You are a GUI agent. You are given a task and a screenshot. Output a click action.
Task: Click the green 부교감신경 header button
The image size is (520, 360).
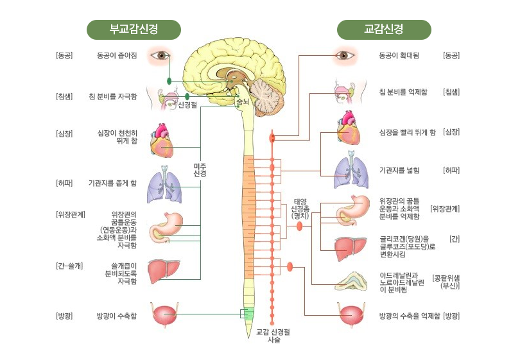click(134, 30)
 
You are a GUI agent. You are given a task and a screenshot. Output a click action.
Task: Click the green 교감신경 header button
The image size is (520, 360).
click(383, 30)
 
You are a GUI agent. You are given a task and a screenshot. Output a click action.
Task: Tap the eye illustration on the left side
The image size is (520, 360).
click(160, 56)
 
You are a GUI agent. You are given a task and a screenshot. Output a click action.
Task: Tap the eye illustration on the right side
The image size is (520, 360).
click(345, 56)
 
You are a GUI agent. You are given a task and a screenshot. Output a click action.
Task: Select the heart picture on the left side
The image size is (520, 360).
click(161, 141)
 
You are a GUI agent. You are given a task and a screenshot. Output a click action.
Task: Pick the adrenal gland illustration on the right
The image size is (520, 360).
click(351, 280)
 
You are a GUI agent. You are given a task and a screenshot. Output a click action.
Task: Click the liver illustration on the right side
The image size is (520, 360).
click(351, 246)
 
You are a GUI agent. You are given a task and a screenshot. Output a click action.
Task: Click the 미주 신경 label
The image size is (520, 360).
click(200, 170)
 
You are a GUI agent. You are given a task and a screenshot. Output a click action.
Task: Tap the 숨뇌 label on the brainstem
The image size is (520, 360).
click(243, 101)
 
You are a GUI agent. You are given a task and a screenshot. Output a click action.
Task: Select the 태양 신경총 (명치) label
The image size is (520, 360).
click(300, 209)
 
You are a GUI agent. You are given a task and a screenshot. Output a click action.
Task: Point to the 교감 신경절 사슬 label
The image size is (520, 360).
click(273, 336)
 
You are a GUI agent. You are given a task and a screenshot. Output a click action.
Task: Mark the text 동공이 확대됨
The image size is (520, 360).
click(399, 56)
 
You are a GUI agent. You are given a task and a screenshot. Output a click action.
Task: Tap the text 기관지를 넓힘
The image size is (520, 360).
click(399, 171)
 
